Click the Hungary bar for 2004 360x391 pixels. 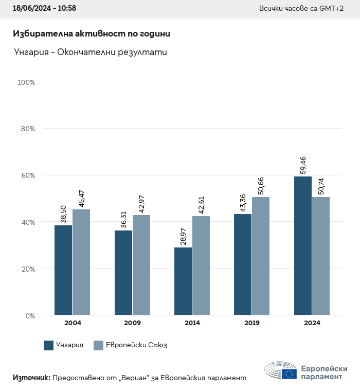(63, 270)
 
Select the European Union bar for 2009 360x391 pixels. (141, 265)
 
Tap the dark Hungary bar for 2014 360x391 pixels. (183, 281)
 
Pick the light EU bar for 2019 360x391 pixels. (261, 256)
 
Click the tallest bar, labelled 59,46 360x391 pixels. (303, 245)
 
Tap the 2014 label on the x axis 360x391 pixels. (192, 323)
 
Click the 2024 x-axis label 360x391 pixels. (312, 323)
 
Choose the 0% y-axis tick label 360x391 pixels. (30, 315)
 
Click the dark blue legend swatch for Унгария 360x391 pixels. (49, 345)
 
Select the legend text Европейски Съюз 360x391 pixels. (136, 345)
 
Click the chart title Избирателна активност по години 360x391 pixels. (91, 34)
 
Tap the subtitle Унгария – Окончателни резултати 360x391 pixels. (90, 52)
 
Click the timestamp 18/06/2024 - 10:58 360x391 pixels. (44, 9)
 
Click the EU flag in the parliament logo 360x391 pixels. (289, 374)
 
